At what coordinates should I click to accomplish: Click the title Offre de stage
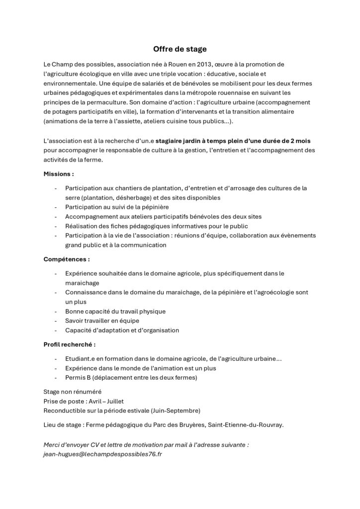pyautogui.click(x=180, y=49)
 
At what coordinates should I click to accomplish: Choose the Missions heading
pyautogui.click(x=59, y=174)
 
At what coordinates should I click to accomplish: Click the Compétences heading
pyautogui.click(x=67, y=259)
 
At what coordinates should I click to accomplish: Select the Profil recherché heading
pyautogui.click(x=70, y=343)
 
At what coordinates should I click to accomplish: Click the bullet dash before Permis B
pyautogui.click(x=55, y=378)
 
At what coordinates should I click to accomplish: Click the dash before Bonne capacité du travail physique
pyautogui.click(x=55, y=311)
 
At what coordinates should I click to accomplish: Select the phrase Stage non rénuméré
pyautogui.click(x=73, y=392)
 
